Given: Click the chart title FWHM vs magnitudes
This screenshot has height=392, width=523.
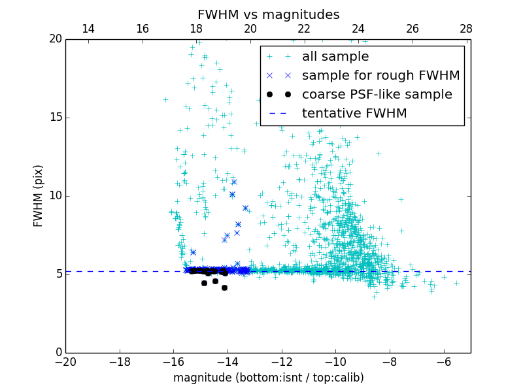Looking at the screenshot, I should [268, 14].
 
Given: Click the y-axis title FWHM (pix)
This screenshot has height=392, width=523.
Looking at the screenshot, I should [39, 196].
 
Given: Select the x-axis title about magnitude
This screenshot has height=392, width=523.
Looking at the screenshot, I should [268, 378].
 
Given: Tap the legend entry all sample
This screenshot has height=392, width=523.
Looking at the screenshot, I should [335, 57].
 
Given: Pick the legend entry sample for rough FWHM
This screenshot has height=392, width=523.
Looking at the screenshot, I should [380, 75].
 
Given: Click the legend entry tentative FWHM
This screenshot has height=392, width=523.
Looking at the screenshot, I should [354, 113].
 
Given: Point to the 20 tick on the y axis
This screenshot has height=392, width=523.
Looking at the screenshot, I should [55, 39].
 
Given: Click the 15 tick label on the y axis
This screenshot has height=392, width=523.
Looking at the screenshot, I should [55, 118].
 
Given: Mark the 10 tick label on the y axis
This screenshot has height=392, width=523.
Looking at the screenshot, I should [55, 196].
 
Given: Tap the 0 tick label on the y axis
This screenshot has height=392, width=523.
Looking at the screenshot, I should [58, 353].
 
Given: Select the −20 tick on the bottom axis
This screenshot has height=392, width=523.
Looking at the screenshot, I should [65, 361].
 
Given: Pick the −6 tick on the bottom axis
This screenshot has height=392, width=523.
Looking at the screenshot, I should [444, 361].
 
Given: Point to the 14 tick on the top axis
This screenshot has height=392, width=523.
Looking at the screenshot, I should [88, 29].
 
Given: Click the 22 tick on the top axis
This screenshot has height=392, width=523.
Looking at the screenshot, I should [304, 29].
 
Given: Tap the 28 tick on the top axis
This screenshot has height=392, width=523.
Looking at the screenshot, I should [466, 29].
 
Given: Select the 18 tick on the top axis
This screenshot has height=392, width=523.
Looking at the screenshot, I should [196, 29].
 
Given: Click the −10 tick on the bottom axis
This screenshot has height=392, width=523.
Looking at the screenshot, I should [335, 361].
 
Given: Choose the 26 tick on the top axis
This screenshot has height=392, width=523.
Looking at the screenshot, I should [413, 29].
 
